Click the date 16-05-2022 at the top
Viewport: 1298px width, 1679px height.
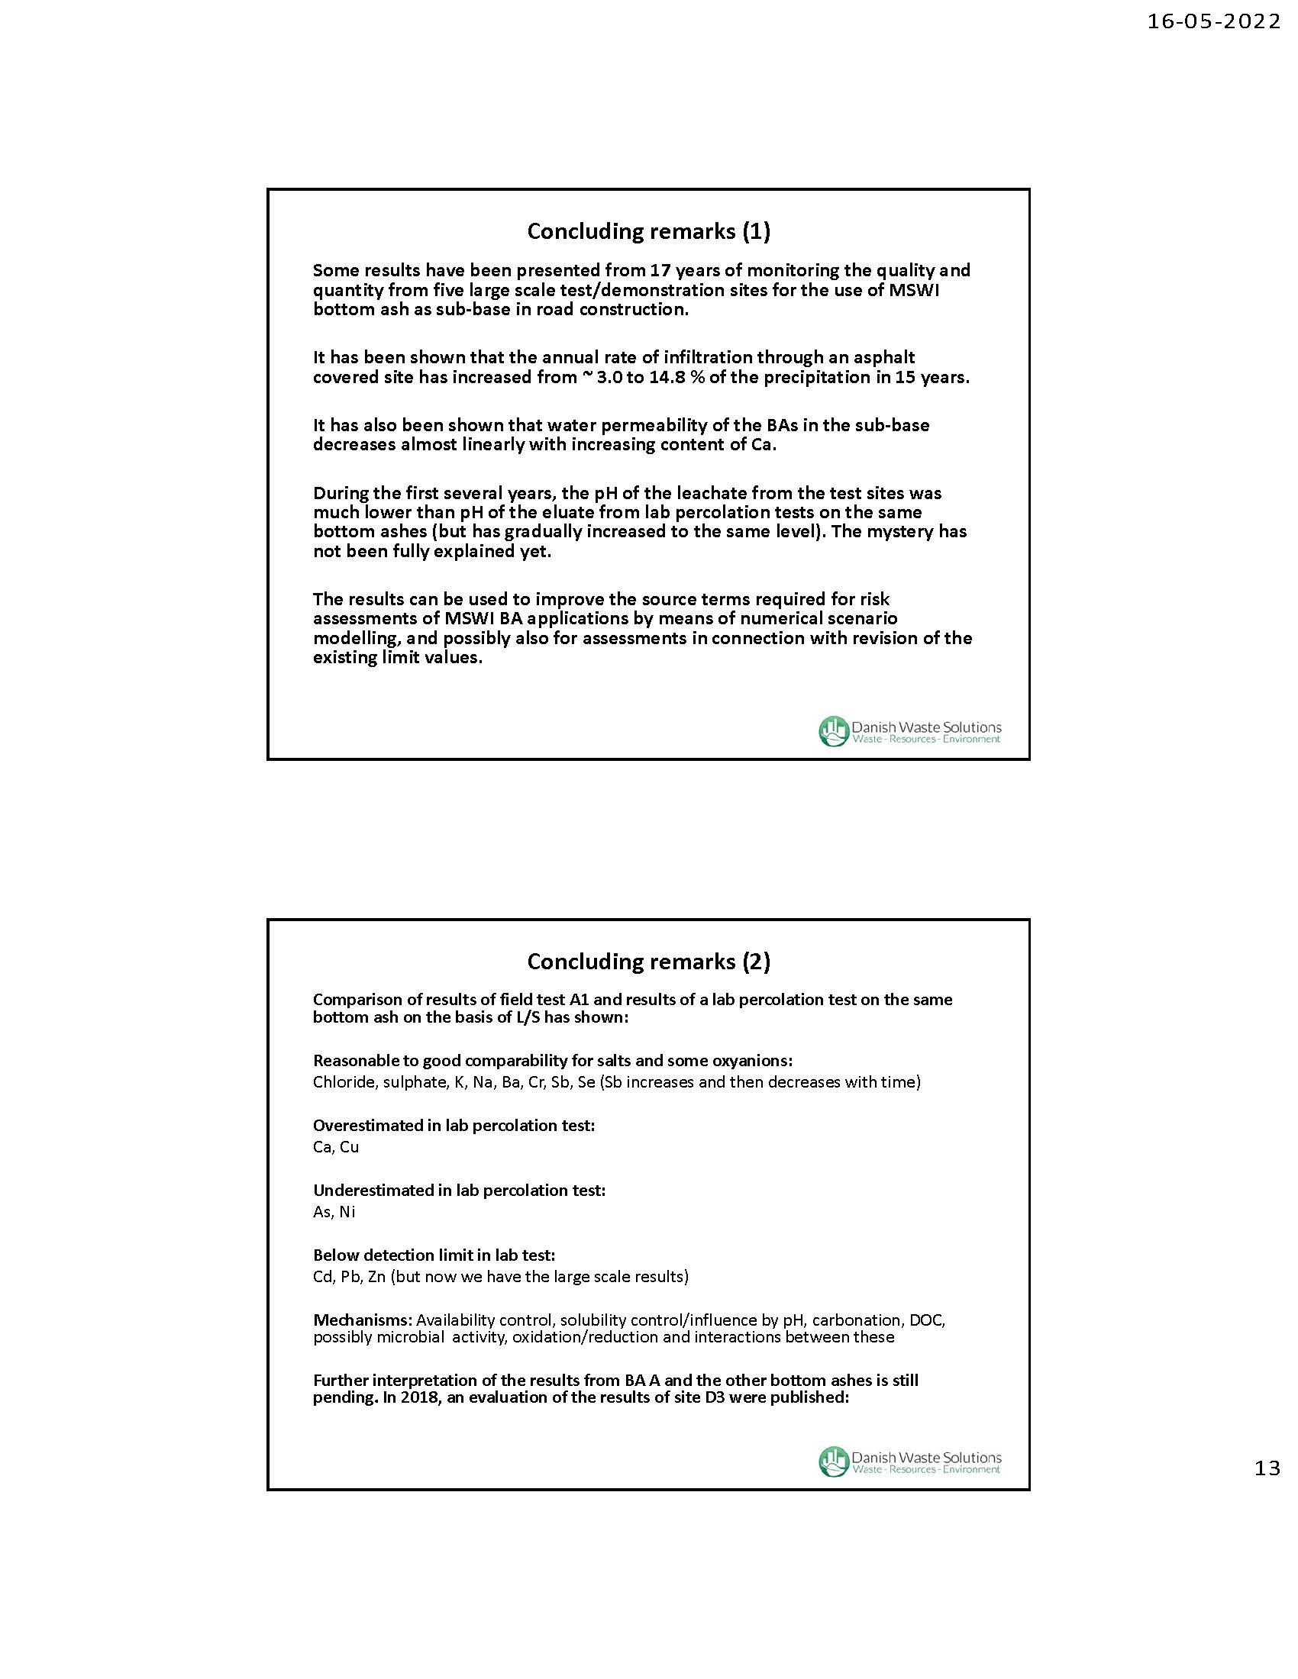click(x=1213, y=21)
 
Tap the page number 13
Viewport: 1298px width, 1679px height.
click(x=1267, y=1468)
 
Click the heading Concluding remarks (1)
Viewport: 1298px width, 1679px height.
click(x=648, y=231)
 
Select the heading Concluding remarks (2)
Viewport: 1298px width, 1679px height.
click(x=648, y=961)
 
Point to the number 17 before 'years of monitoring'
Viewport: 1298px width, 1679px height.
click(x=660, y=271)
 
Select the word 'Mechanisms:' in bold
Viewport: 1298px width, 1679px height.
click(x=363, y=1320)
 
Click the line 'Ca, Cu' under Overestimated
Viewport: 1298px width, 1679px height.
click(x=336, y=1147)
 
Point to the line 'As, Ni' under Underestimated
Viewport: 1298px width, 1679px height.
click(x=334, y=1213)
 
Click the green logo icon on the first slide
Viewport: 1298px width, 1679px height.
click(x=833, y=730)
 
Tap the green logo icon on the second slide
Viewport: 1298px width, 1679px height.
click(x=833, y=1461)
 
